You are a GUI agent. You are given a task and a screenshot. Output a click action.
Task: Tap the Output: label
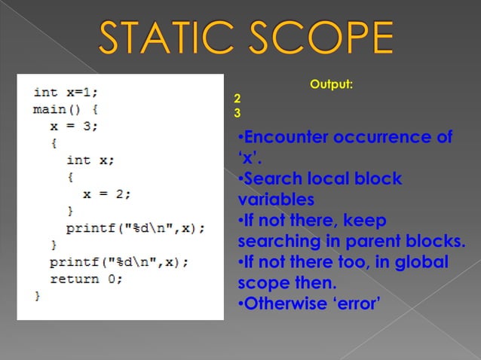coord(331,84)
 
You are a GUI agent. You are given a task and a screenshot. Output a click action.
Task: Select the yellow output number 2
coord(237,99)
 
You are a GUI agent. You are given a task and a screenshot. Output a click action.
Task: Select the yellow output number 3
coord(237,114)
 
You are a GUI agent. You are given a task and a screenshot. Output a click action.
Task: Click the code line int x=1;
coord(66,93)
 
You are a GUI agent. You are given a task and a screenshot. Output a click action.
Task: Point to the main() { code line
coord(66,109)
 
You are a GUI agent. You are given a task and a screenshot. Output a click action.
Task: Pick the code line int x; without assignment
coord(90,160)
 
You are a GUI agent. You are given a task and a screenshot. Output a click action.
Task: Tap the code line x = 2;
coord(107,193)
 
